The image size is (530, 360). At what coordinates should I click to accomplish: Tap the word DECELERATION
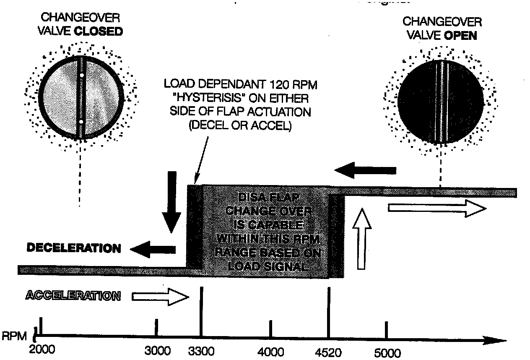[x=74, y=248]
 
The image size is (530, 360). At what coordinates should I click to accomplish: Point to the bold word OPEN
[x=460, y=36]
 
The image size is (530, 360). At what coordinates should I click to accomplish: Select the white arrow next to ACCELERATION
[x=161, y=297]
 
